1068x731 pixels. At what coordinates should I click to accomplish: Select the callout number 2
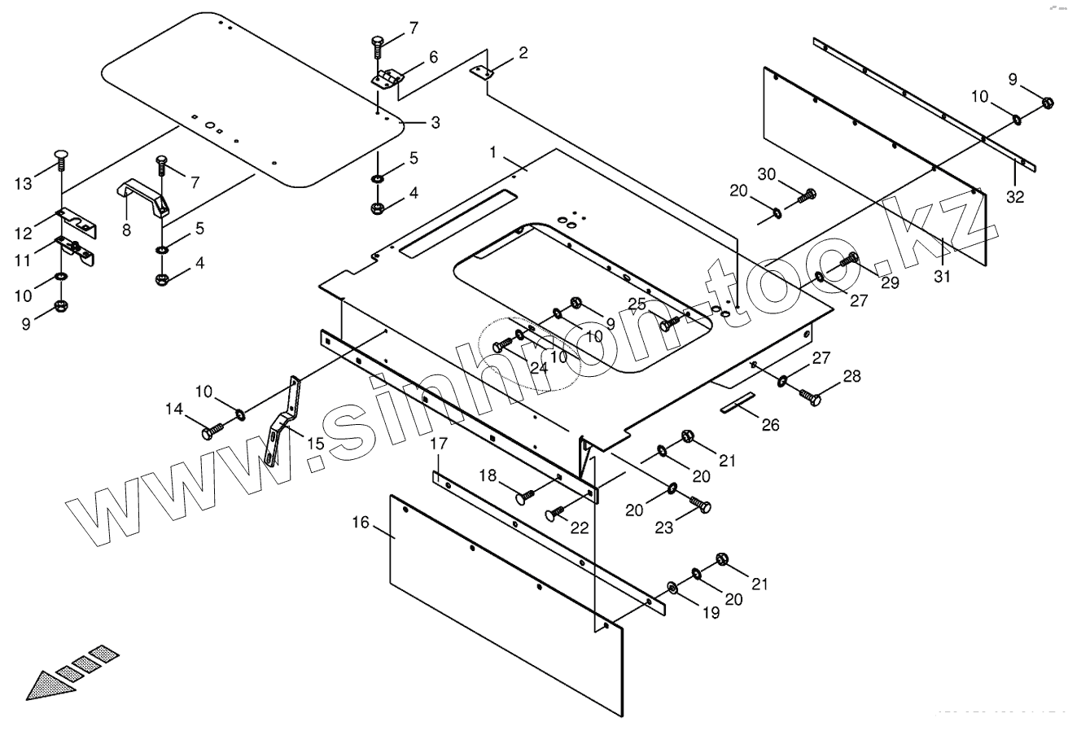(523, 54)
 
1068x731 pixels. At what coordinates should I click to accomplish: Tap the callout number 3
(436, 123)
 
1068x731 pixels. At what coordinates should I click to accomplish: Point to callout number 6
(433, 57)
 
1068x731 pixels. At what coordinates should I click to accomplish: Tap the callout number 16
(361, 522)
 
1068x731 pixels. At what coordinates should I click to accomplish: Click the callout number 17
(439, 444)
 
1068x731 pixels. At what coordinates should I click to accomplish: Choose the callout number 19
(711, 613)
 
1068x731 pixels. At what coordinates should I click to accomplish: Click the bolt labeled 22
(557, 512)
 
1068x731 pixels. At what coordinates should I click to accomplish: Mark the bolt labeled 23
(700, 504)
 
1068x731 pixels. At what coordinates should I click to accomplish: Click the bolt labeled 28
(811, 396)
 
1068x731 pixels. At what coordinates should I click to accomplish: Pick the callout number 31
(942, 277)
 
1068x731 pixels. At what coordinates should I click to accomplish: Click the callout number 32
(1014, 196)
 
